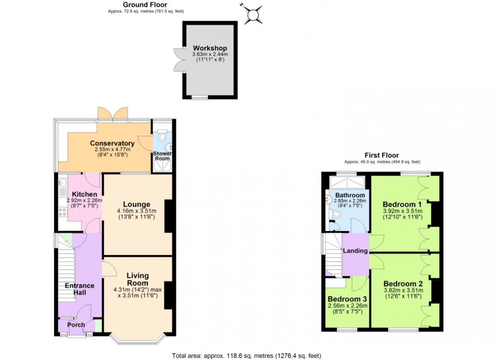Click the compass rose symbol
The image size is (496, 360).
tap(253, 14)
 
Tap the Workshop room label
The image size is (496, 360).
tap(210, 48)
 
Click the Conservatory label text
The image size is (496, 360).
tap(112, 143)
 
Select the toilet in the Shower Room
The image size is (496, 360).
tap(162, 136)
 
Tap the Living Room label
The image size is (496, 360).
tap(137, 279)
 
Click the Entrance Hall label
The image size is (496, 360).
tap(79, 289)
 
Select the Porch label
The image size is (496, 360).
tap(76, 325)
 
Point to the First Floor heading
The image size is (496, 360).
tap(382, 155)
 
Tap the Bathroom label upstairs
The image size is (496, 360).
tap(349, 195)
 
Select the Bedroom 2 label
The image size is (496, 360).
tap(403, 283)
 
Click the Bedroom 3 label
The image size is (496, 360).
tap(347, 299)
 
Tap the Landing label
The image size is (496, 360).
tap(355, 251)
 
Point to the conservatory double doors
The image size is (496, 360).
tap(112, 114)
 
